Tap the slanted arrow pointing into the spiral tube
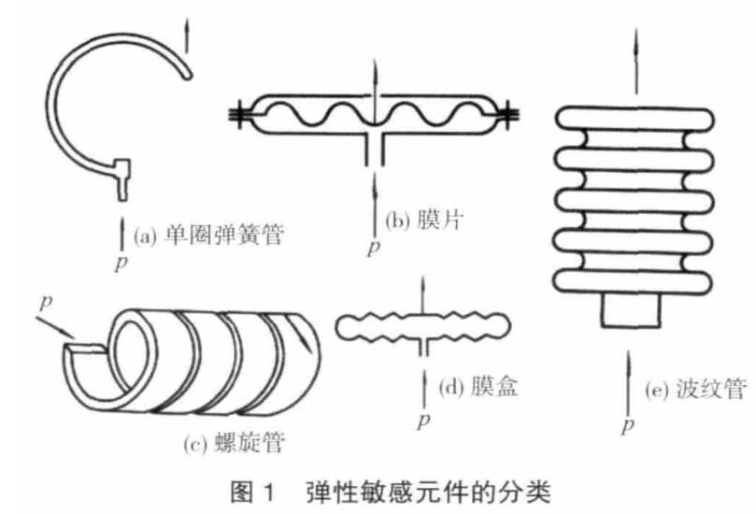click(62, 327)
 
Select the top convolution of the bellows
click(633, 116)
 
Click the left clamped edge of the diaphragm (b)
click(242, 115)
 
